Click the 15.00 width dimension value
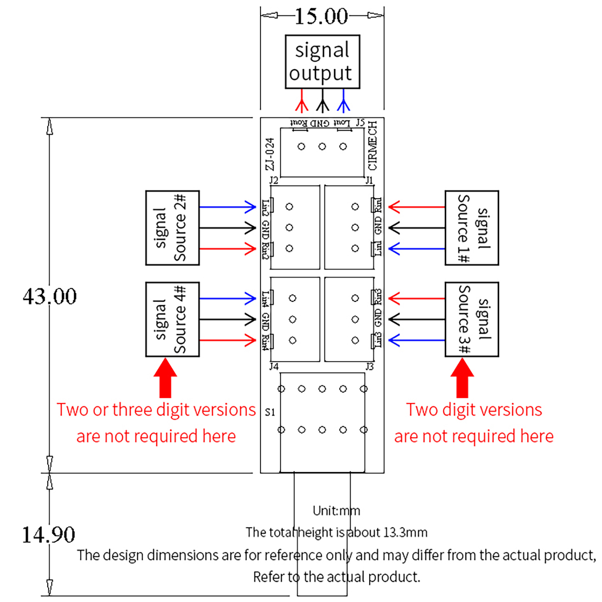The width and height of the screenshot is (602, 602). coord(321,17)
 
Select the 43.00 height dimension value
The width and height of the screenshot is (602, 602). coord(50,296)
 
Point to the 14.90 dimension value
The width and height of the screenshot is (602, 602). coord(49,535)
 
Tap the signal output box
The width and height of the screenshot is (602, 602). coord(322,62)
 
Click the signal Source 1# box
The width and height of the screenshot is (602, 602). coord(471,228)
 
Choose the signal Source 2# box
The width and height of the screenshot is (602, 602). coord(172,228)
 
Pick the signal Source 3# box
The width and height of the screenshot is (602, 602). coord(471,319)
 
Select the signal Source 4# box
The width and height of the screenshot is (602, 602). coord(172,319)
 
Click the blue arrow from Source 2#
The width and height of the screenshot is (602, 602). coord(227,207)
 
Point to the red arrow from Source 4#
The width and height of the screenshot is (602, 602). coord(227,341)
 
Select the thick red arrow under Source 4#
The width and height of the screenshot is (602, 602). coord(165,378)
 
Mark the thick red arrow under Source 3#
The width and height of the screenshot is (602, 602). coord(462,378)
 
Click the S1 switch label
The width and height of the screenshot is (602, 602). coord(270,412)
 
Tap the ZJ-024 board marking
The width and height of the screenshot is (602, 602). coord(269,154)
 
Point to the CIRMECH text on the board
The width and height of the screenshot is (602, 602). coord(372,146)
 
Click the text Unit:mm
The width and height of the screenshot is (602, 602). coord(336,511)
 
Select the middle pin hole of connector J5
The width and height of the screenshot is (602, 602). coord(322,146)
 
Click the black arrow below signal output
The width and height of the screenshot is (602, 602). coord(322,101)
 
